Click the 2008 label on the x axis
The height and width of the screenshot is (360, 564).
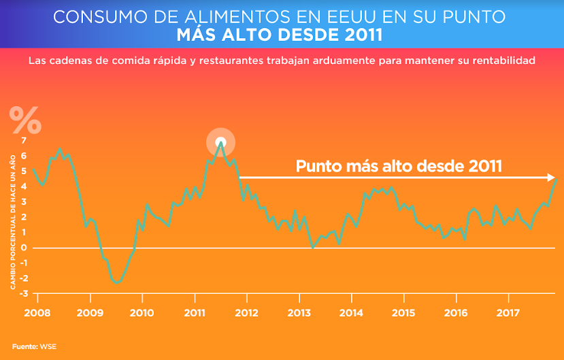click(37, 313)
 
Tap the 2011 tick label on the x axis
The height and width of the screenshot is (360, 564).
click(195, 313)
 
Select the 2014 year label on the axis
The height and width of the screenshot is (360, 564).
click(351, 313)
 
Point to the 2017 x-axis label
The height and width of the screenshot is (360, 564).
click(508, 313)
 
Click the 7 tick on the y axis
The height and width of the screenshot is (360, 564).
click(24, 140)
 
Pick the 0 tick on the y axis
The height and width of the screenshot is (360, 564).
click(24, 248)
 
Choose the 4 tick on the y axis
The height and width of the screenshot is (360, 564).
click(24, 186)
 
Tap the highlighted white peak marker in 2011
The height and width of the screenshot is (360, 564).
click(220, 142)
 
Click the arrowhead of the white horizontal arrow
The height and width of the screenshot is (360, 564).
click(552, 178)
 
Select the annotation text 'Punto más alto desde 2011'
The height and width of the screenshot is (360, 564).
click(399, 165)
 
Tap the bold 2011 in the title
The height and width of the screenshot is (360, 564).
click(358, 34)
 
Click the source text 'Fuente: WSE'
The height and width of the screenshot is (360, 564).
click(34, 346)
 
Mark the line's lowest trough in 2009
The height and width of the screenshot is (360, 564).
click(116, 282)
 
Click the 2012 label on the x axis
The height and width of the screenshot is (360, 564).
click(247, 313)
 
